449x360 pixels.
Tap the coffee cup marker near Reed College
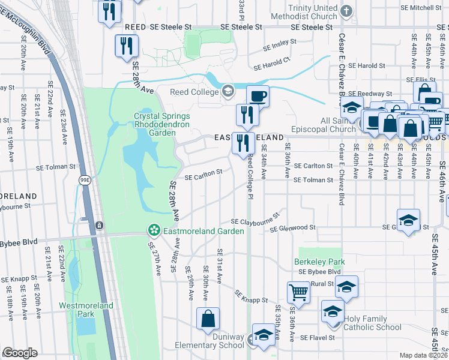pos(258,96)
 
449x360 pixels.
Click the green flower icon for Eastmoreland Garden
pos(154,230)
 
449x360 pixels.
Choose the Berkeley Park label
pos(319,262)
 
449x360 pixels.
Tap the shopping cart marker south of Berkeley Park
pos(298,293)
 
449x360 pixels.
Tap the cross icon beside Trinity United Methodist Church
pos(347,11)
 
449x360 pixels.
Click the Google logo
pos(20,353)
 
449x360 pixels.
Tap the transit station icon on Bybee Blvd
pos(99,226)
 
